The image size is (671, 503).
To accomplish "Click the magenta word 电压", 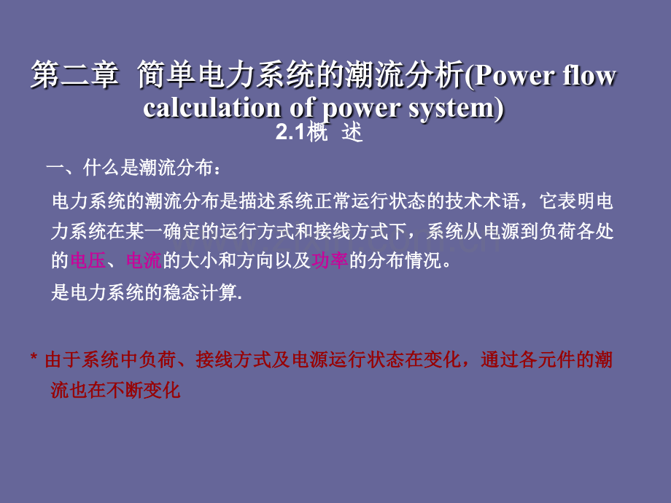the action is point(88,260).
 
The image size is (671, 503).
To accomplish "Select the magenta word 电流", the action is point(144,260).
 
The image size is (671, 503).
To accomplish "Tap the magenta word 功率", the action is point(330,260).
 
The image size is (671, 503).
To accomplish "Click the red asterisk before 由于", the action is point(34,357).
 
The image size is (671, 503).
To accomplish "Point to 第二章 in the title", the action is point(74,75).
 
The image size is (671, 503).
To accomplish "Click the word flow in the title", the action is point(589,75).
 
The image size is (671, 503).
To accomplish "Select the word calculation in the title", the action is point(212,107).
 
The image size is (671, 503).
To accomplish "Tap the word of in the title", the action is point(303,107).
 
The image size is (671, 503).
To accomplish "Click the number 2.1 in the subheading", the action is point(290,132).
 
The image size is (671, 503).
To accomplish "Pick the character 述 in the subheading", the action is point(352,132).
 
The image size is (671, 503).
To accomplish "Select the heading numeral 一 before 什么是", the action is point(55,168).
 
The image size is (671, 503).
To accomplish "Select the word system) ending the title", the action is point(456,108).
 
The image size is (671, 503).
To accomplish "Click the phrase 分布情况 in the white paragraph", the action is point(405,260).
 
